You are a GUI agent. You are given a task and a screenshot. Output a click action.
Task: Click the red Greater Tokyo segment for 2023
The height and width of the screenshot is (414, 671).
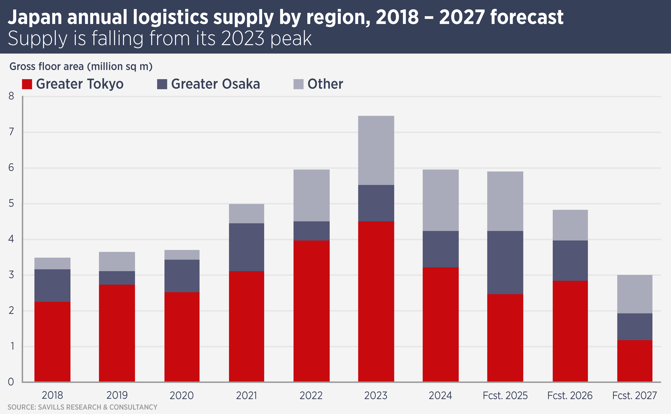pos(376,301)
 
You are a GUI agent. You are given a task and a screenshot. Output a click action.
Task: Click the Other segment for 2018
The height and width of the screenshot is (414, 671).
pos(52,263)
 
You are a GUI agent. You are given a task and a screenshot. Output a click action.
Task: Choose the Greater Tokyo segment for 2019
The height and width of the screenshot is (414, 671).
pos(117,333)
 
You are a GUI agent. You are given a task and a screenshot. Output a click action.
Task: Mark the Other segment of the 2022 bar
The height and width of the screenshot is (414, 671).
pos(311,195)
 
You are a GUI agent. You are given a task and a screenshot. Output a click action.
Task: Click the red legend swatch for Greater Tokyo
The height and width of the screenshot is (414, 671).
pos(27,84)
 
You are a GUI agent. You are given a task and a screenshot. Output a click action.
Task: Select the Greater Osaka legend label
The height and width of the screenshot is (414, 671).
pos(215,84)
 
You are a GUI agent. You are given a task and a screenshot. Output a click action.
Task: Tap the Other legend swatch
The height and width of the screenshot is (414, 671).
pos(298,84)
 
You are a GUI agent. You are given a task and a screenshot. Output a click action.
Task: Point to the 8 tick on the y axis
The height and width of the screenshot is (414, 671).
pos(11,96)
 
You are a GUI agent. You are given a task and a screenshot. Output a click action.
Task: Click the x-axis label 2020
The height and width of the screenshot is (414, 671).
pos(182,395)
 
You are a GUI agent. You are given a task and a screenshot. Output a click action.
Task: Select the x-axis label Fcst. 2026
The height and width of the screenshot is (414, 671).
pos(570,395)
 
